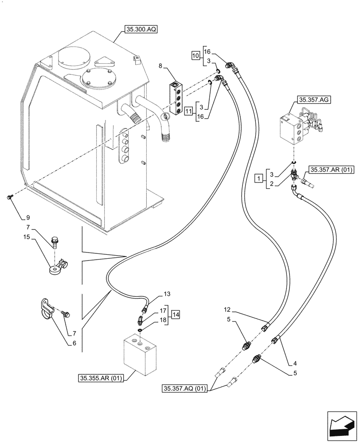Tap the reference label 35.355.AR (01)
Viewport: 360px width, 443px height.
click(x=102, y=378)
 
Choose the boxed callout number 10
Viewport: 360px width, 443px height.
click(x=196, y=56)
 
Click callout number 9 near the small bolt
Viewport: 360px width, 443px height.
click(x=28, y=217)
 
